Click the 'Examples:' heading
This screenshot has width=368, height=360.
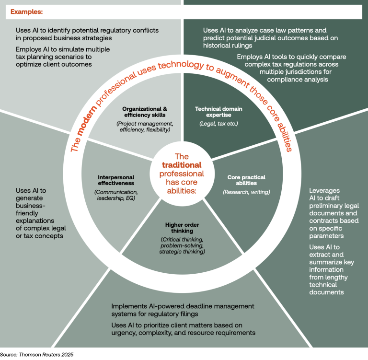tap(26, 11)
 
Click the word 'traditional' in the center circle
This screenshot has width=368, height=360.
tap(182, 165)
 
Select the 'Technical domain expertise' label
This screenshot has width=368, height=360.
tap(218, 112)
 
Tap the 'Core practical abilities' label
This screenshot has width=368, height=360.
tap(246, 180)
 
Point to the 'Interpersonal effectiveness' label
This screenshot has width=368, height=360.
tap(116, 180)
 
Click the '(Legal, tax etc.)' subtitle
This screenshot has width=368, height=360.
tap(218, 124)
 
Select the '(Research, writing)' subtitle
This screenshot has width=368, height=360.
tap(246, 192)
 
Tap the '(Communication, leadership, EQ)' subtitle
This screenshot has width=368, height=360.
tap(116, 195)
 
